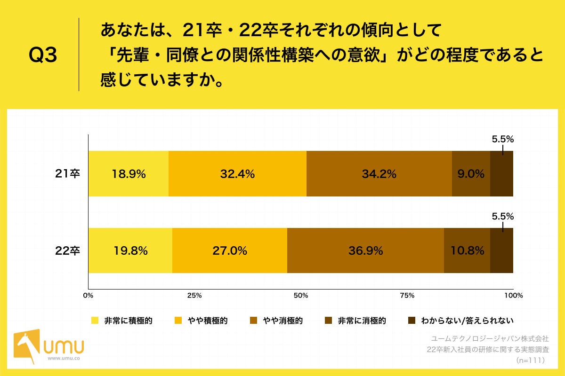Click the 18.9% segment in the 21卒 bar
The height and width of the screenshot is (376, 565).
click(x=129, y=173)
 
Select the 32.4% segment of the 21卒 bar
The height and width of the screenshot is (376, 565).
click(x=237, y=173)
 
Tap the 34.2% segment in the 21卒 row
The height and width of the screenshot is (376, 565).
click(x=379, y=173)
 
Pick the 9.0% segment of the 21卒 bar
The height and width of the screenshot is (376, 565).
click(x=471, y=173)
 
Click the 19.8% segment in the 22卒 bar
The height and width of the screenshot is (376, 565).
click(x=130, y=251)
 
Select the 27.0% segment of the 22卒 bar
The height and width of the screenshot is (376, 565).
click(x=230, y=251)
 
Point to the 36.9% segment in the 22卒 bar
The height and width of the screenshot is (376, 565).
click(x=365, y=251)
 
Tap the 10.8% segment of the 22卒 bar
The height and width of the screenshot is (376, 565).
click(x=467, y=251)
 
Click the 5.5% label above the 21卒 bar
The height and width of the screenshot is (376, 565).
click(x=502, y=139)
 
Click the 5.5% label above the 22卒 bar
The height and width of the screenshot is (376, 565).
click(x=502, y=217)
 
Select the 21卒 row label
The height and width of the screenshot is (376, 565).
click(x=68, y=173)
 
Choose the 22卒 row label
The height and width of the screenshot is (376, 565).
click(x=68, y=251)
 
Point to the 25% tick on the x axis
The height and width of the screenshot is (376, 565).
click(x=194, y=296)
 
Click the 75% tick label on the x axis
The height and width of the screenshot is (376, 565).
click(x=407, y=296)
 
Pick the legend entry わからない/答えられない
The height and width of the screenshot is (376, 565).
click(x=460, y=321)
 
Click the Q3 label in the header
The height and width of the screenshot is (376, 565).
click(x=43, y=55)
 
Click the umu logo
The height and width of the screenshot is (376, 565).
click(x=49, y=347)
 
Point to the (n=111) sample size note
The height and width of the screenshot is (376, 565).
click(x=530, y=360)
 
